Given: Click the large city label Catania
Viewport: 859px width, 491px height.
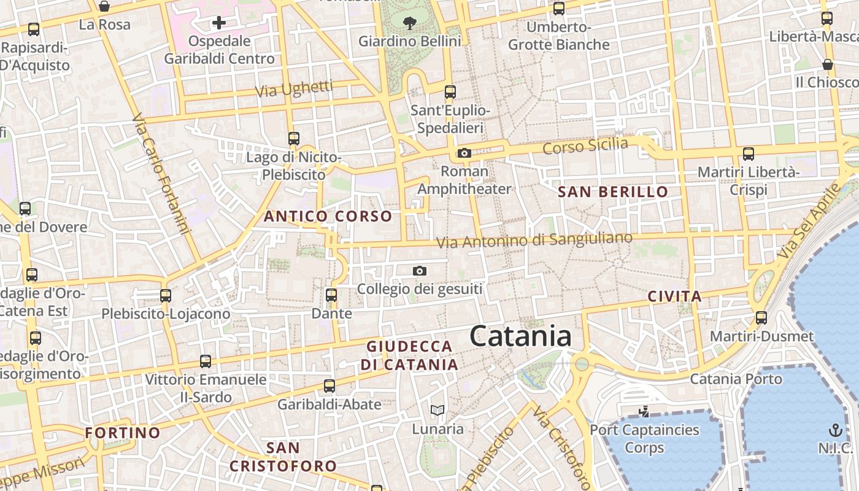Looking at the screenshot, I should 521,336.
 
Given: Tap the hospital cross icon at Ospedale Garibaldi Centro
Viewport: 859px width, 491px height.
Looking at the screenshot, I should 219,23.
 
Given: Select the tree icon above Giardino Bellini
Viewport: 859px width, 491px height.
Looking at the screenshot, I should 409,23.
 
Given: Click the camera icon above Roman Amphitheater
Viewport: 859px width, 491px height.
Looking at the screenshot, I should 464,153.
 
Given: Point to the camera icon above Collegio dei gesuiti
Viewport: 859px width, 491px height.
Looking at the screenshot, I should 420,271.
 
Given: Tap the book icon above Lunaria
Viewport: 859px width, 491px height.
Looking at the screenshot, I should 437,410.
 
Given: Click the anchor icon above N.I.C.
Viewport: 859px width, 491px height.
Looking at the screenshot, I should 835,429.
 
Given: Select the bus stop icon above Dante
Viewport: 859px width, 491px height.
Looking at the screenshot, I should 331,295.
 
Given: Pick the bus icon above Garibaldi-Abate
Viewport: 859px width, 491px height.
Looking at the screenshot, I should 329,386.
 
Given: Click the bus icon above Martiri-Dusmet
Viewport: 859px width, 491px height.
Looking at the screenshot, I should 761,318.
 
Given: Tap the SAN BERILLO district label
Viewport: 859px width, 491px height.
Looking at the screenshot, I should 612,191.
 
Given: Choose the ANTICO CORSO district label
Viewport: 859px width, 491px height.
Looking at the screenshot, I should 328,216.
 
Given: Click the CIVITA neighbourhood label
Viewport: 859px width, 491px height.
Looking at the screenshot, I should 675,297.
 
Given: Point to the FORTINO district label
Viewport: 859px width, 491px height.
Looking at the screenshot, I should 123,433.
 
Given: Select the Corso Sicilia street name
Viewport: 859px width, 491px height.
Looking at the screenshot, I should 585,146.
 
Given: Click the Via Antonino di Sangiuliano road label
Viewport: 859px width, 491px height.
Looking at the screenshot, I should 534,240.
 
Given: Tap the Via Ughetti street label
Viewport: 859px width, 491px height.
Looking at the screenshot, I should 294,89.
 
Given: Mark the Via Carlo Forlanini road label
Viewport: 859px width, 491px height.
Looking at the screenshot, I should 163,173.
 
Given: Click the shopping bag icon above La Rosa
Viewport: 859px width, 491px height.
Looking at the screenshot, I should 104,7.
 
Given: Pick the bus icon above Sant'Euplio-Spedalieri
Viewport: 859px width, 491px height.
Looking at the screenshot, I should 450,92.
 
